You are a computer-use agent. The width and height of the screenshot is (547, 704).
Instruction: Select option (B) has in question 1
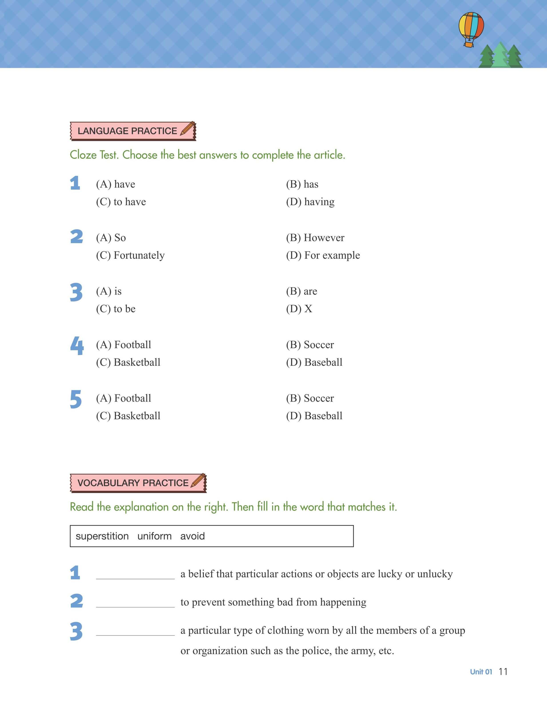point(302,184)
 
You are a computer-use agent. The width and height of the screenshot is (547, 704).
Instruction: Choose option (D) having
point(310,202)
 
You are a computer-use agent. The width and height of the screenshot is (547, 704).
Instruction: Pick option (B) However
point(315,238)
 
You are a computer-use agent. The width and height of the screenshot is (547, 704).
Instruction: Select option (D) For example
point(323,255)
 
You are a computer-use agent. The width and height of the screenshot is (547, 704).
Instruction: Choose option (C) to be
point(116,309)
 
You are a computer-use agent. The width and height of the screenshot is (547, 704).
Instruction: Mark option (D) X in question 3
point(299,309)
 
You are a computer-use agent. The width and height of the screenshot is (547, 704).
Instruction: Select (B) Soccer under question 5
point(310,398)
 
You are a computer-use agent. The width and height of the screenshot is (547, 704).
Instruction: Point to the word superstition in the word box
point(102,536)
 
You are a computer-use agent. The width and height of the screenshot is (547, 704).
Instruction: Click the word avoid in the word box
point(192,536)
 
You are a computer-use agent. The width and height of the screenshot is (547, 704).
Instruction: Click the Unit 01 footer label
point(481,672)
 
